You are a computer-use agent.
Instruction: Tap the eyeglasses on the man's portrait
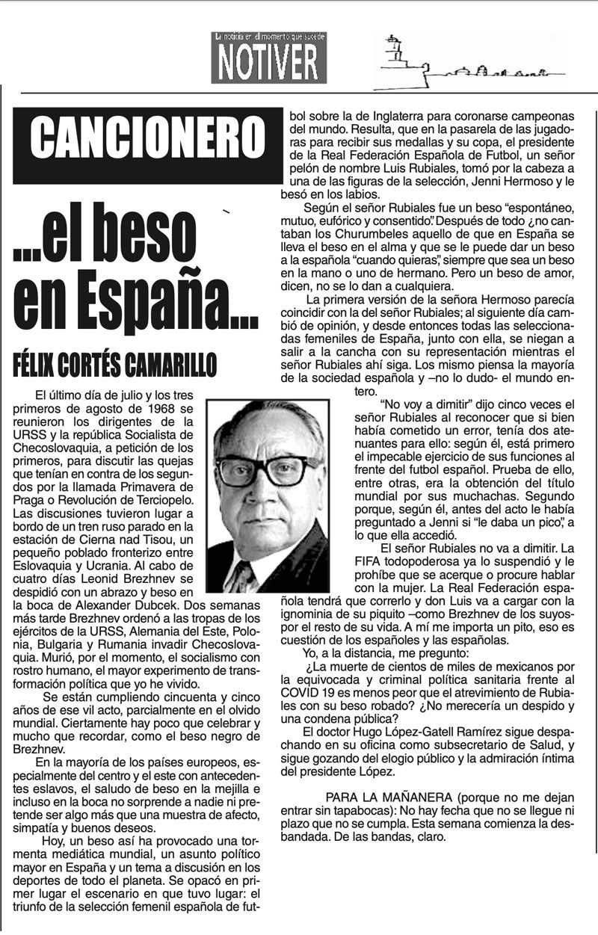pyautogui.click(x=266, y=469)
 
